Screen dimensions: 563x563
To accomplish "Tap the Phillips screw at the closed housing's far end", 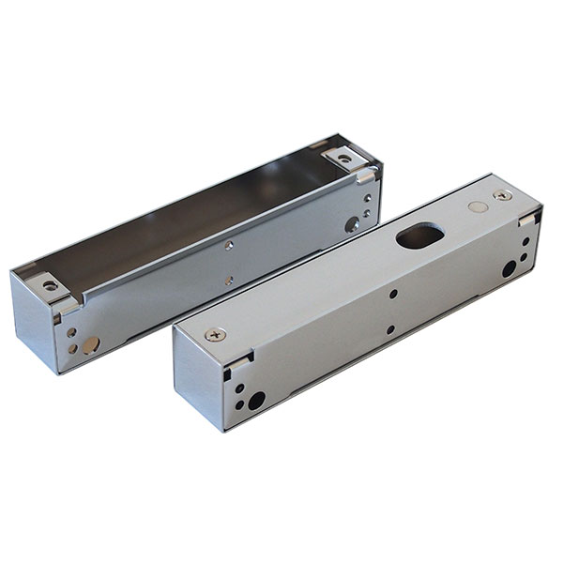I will pos(503,195).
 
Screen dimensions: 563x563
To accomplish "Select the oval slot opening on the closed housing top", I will pos(420,236).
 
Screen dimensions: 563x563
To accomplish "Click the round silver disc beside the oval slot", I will pos(478,206).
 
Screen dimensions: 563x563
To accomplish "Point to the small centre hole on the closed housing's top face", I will pos(392,294).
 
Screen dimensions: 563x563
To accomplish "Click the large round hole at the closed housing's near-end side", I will pos(255,401).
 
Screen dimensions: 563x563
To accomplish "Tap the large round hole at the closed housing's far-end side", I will pos(509,268).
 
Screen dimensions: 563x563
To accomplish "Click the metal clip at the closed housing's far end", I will pos(528,219).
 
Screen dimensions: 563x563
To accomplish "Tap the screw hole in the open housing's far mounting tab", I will pos(343,159).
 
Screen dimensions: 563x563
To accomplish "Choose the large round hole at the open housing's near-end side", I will pos(89,345).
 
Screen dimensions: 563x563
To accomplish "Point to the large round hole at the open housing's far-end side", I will pos(352,223).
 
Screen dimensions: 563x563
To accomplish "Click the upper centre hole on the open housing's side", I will pos(230,246).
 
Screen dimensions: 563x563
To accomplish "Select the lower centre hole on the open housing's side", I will pos(229,279).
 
